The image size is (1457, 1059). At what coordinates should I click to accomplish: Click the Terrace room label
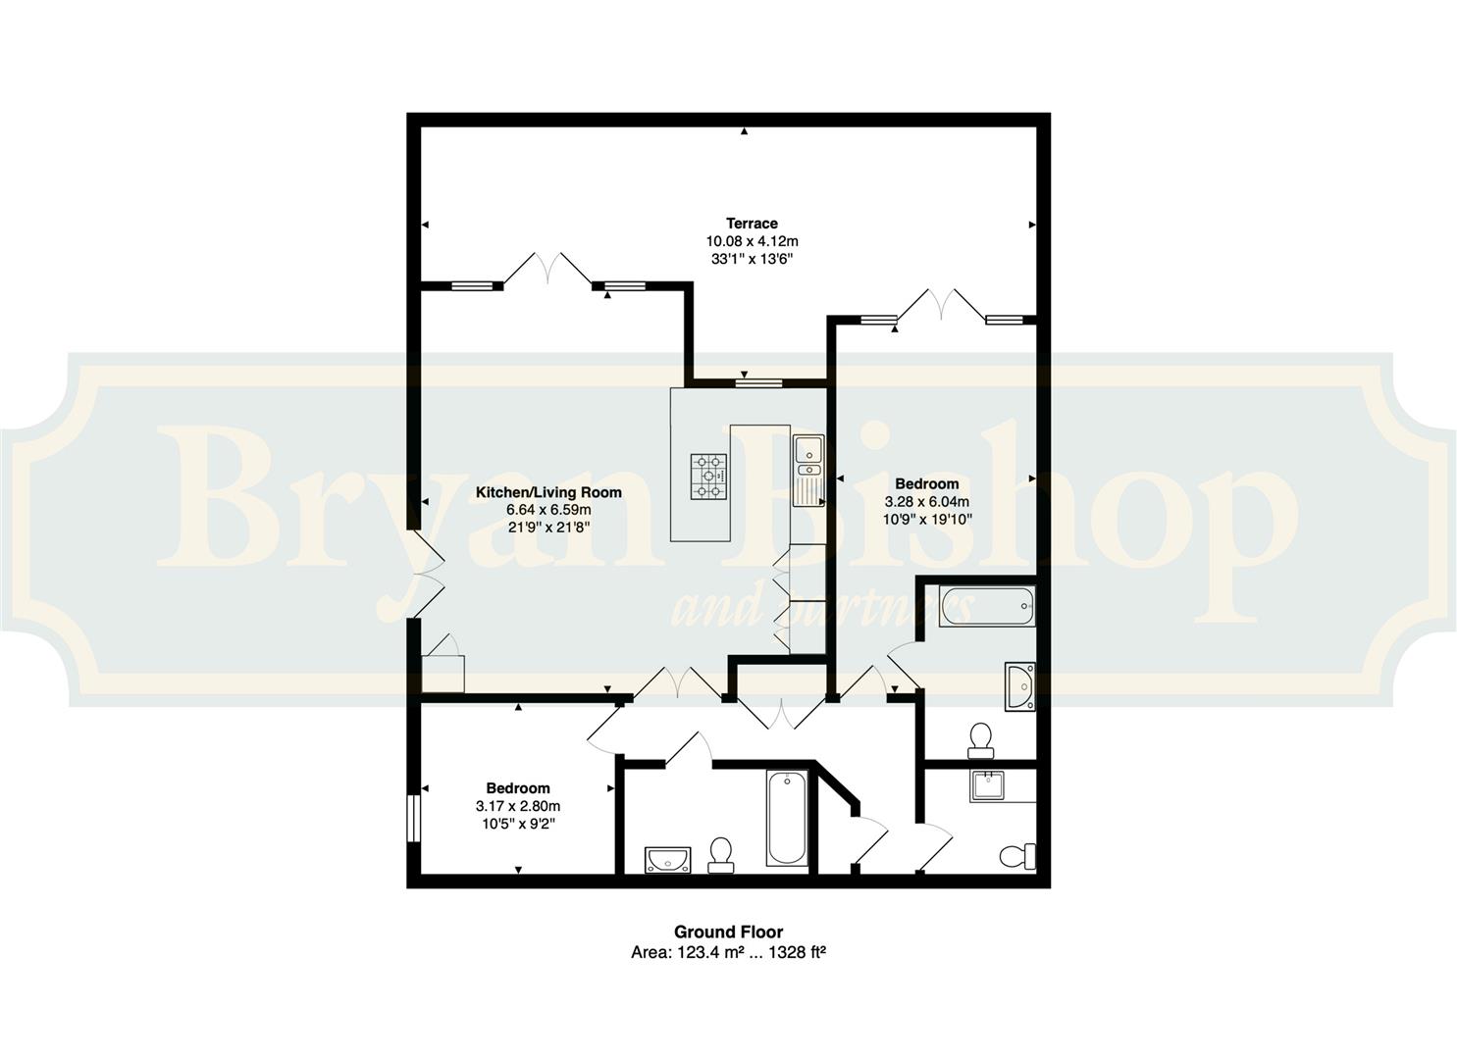tap(752, 224)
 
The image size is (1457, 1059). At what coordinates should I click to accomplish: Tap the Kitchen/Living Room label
tap(548, 492)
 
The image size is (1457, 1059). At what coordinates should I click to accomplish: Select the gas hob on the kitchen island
tap(708, 477)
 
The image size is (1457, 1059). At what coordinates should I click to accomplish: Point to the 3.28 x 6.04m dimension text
tap(926, 502)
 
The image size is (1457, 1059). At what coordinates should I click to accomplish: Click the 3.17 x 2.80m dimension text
tap(518, 806)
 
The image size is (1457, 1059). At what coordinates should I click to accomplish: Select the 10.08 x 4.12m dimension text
tap(752, 241)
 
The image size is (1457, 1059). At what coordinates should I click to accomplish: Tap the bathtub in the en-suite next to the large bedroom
tap(987, 607)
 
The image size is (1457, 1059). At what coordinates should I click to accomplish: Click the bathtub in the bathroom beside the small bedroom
tap(787, 818)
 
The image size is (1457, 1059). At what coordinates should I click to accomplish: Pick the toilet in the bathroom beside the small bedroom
tap(721, 855)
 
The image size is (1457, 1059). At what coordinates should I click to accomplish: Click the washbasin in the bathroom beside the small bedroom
tap(668, 860)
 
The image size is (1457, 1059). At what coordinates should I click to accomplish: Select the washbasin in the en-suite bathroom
tap(1020, 686)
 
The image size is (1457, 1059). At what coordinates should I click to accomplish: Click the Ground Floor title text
tap(728, 933)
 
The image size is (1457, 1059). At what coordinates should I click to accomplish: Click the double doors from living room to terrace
tap(547, 269)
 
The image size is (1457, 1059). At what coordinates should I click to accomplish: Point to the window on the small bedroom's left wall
tap(414, 818)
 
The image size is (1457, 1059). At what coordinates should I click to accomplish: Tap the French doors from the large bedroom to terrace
tap(941, 305)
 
